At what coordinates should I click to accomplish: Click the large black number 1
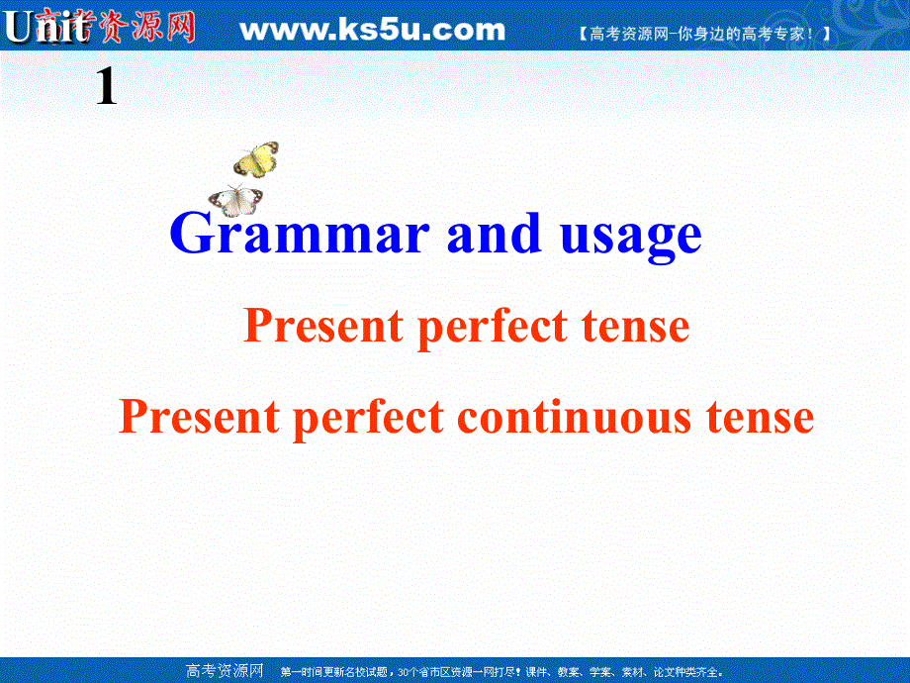pyautogui.click(x=106, y=90)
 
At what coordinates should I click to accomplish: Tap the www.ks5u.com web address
pyautogui.click(x=373, y=30)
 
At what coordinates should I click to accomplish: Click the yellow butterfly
pyautogui.click(x=256, y=159)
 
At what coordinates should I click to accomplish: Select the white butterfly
pyautogui.click(x=235, y=200)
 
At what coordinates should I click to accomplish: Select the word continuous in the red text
pyautogui.click(x=576, y=417)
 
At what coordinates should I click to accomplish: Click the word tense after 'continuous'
pyautogui.click(x=760, y=417)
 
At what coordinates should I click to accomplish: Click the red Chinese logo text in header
pyautogui.click(x=134, y=28)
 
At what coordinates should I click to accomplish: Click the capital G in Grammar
pyautogui.click(x=189, y=235)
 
